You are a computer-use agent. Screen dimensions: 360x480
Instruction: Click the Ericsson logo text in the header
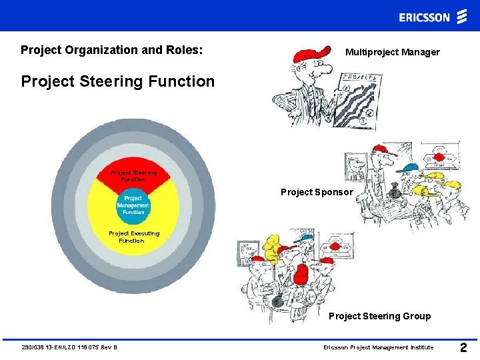[x=425, y=17]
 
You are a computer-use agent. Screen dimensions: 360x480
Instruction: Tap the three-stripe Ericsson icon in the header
[x=462, y=17]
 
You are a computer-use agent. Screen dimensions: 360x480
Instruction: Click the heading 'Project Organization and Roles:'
[x=111, y=50]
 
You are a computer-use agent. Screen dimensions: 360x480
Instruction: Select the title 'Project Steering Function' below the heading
[x=118, y=82]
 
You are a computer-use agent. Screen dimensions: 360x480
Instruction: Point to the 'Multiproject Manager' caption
[x=392, y=52]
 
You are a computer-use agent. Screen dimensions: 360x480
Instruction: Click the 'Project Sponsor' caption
[x=317, y=192]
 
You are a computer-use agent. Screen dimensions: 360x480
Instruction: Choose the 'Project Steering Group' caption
[x=379, y=316]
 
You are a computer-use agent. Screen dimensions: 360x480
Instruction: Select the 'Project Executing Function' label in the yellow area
[x=134, y=237]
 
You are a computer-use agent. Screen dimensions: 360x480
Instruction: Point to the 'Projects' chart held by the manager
[x=358, y=100]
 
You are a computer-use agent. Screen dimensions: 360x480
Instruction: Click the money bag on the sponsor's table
[x=395, y=194]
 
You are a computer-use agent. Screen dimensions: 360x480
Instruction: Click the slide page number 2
[x=464, y=347]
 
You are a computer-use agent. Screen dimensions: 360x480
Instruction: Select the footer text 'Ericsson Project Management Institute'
[x=378, y=347]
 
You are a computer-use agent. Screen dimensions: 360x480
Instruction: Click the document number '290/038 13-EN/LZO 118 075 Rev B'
[x=69, y=347]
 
